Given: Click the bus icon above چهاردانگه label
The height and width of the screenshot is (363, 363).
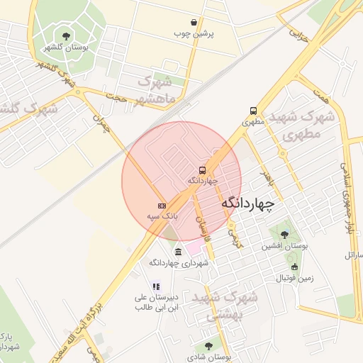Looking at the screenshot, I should [203, 171].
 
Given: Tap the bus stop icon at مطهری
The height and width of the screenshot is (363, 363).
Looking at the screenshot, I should [253, 111].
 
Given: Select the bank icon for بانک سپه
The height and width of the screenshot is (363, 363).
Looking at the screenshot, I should [162, 205].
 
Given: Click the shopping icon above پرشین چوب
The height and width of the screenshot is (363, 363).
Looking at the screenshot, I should [194, 23].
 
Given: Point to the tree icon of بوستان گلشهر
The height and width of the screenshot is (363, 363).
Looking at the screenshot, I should [66, 36].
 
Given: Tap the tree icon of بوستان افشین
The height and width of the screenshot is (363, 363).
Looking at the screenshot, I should [284, 235].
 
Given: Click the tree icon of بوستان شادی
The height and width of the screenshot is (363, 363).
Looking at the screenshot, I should [208, 346].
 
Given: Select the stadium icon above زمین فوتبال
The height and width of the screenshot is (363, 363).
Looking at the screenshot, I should [295, 267].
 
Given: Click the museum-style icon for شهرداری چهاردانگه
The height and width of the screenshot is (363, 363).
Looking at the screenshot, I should [177, 252].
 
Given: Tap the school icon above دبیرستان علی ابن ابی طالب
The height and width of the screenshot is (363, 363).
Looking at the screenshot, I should [156, 286].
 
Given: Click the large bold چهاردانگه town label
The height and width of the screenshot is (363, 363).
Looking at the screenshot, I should [247, 203].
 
